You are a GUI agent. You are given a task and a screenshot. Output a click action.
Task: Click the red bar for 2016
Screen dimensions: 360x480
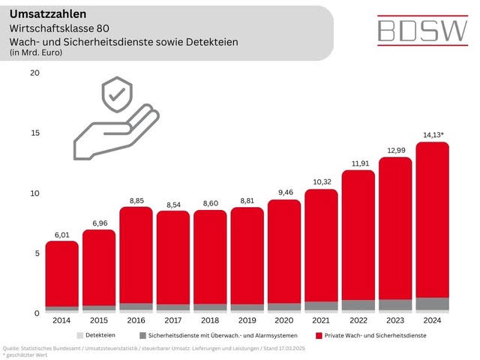(137, 255)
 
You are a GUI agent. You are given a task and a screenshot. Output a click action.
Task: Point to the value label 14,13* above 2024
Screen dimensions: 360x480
(433, 136)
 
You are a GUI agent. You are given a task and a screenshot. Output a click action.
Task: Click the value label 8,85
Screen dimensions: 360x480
(137, 200)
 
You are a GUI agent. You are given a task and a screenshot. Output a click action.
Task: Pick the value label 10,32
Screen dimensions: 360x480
(321, 182)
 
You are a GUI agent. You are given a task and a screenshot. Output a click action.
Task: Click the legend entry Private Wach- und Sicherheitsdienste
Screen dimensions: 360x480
(371, 334)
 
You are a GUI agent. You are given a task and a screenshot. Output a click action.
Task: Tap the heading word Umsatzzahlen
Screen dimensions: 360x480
(43, 13)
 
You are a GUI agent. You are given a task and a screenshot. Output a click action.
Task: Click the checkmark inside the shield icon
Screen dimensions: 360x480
(116, 96)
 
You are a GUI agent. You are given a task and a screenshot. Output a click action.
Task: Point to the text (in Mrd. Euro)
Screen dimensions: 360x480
(35, 52)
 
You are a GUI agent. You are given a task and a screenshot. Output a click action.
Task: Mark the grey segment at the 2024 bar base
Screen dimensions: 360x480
(432, 304)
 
